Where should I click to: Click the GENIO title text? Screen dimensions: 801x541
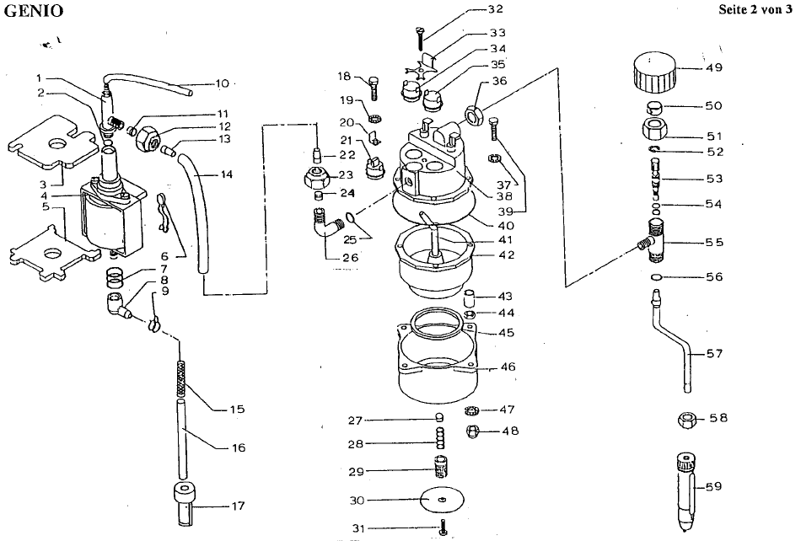(x=34, y=11)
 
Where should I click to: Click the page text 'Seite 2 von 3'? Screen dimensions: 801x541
(x=755, y=9)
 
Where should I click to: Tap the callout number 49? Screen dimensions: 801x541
(x=714, y=67)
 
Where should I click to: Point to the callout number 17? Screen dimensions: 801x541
(x=238, y=506)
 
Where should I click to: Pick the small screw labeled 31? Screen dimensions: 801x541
(x=443, y=526)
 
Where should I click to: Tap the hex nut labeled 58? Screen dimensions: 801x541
(x=688, y=420)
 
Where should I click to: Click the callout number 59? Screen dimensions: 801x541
(x=714, y=486)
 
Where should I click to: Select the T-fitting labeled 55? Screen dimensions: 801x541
(x=653, y=240)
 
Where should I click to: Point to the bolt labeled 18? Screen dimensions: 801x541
(x=373, y=88)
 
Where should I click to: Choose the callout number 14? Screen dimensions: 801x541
(x=226, y=174)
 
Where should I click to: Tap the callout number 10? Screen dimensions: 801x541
(x=223, y=83)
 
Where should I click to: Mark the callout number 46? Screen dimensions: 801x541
(x=508, y=367)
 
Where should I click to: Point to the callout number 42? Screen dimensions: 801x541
(x=506, y=254)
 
